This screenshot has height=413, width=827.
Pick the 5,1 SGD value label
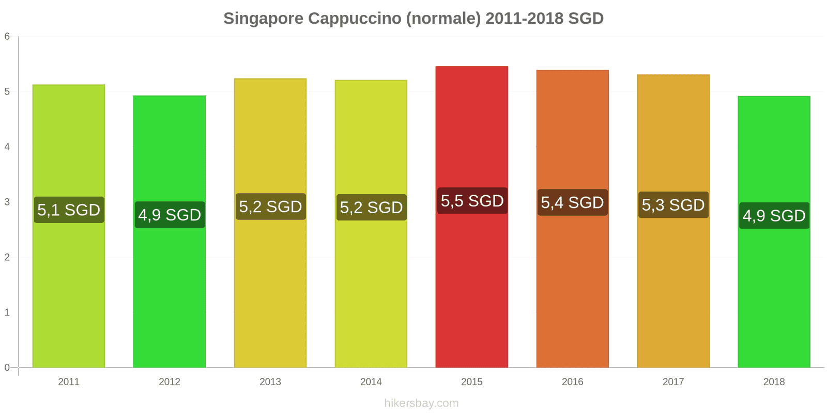point(69,210)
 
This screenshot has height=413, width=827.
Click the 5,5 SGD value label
point(472,201)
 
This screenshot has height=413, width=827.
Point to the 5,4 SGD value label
point(572,202)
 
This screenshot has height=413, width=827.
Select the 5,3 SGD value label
point(673,205)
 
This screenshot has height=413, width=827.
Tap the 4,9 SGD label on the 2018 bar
point(774,215)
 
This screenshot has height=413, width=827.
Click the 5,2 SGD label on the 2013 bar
point(270,206)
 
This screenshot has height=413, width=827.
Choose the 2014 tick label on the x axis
point(371,382)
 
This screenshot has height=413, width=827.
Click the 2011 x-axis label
point(69,382)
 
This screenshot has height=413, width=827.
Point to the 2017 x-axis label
point(673,382)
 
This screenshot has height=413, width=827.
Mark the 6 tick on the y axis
point(7,37)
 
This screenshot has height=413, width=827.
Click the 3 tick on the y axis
point(7,202)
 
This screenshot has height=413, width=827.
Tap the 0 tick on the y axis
point(7,368)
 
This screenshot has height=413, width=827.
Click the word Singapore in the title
point(263,19)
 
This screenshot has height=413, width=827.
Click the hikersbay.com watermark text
point(421,403)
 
